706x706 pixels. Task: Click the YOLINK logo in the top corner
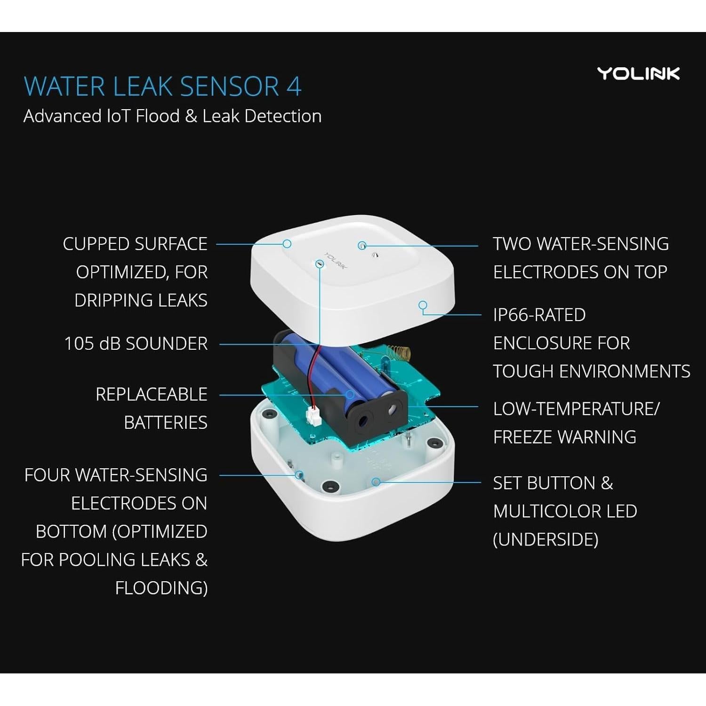click(638, 74)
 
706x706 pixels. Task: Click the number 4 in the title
click(294, 87)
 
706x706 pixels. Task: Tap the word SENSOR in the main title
click(229, 87)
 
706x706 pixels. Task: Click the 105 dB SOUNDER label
click(136, 344)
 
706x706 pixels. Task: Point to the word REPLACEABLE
click(151, 394)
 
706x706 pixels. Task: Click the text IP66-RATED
click(539, 315)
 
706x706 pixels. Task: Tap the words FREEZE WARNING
click(564, 437)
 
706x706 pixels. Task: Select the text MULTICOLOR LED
click(565, 511)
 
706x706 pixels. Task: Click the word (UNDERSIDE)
click(546, 539)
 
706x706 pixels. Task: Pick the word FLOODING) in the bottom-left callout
click(161, 588)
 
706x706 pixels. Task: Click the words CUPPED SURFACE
click(135, 244)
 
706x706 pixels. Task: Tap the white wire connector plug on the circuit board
click(312, 415)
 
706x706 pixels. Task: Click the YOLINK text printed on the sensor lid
click(336, 262)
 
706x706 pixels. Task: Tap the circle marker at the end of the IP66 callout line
click(423, 305)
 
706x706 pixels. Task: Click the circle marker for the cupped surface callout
click(287, 244)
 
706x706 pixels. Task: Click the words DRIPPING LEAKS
click(141, 301)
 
